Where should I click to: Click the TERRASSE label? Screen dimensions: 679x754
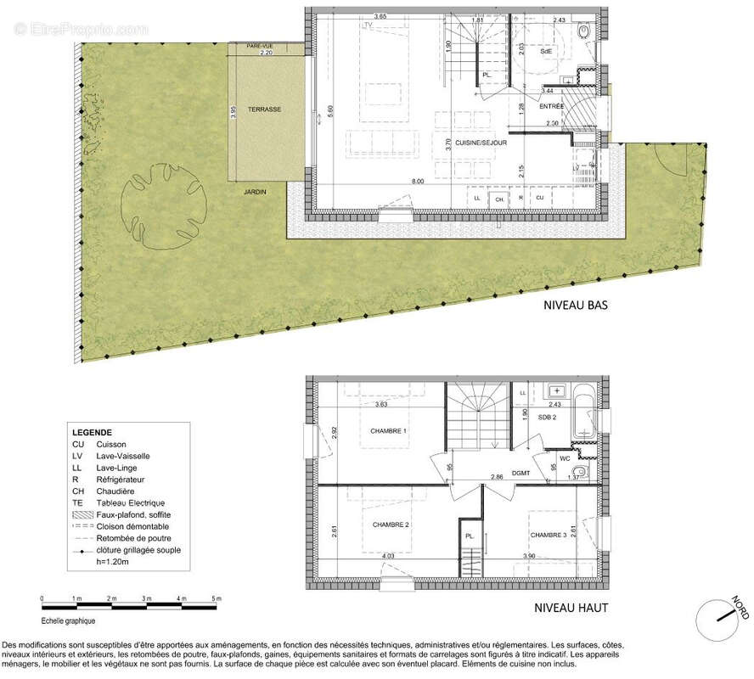click(264, 110)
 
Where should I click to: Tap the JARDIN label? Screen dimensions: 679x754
click(256, 192)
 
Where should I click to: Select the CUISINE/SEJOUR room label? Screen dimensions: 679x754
click(481, 143)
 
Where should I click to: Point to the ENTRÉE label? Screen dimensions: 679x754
click(551, 106)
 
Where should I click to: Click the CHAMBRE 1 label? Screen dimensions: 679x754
click(389, 431)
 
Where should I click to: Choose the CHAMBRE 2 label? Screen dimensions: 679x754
click(391, 525)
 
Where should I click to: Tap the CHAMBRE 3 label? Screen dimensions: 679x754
click(549, 535)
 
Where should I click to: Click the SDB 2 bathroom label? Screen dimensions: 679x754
click(548, 418)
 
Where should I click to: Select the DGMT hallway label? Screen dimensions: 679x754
click(520, 473)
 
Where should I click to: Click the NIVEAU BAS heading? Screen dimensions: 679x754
click(575, 305)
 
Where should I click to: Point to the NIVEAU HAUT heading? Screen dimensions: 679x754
click(571, 608)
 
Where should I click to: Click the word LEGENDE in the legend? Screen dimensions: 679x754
click(92, 432)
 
